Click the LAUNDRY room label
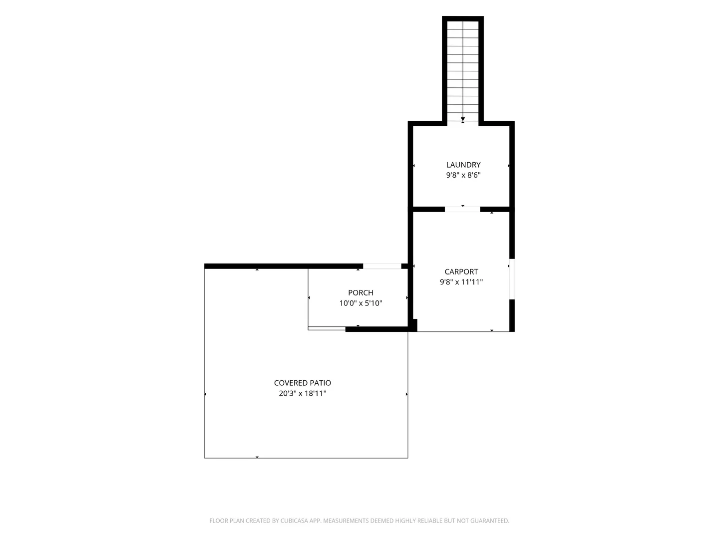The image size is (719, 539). [463, 165]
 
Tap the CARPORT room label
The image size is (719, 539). [461, 271]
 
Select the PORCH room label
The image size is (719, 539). [360, 292]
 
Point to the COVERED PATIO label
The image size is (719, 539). [303, 383]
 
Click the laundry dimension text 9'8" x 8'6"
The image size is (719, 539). [463, 175]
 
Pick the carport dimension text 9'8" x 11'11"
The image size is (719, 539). [461, 282]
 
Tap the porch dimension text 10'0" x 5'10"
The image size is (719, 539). [360, 303]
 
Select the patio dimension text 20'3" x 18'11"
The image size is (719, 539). [303, 393]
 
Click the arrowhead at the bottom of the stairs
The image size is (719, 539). [462, 119]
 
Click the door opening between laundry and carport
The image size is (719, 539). [462, 209]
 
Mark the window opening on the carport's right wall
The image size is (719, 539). [512, 279]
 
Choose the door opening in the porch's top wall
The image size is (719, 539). [382, 266]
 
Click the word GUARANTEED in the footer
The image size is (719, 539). [490, 521]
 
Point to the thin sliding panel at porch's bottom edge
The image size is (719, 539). [327, 328]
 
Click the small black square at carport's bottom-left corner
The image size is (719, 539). [414, 325]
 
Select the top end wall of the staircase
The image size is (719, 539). [462, 18]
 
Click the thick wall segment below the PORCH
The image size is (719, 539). [376, 329]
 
